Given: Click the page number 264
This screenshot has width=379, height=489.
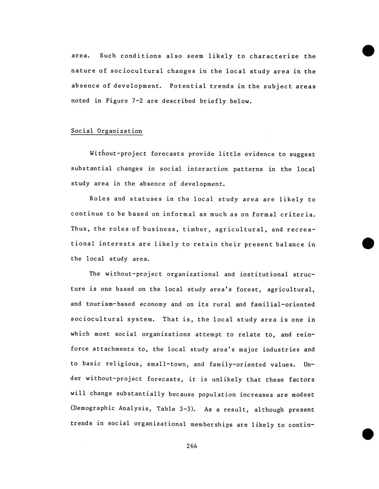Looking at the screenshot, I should [191, 446].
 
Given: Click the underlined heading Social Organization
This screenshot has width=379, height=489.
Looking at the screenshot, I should [106, 131].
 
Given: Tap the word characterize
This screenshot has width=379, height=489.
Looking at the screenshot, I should [274, 56].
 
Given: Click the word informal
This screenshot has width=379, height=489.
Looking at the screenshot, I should [179, 214].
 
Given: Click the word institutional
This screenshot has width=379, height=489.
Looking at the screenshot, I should [264, 274].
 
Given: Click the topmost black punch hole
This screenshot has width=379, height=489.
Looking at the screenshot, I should [368, 50].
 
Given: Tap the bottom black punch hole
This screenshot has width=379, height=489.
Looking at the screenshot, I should [368, 434].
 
